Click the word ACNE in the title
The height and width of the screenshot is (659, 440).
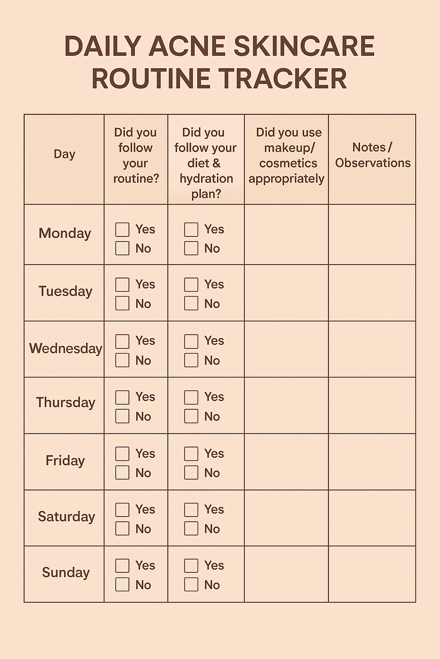click(x=188, y=46)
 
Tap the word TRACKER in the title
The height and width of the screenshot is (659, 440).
click(x=283, y=79)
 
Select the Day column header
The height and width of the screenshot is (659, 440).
click(x=64, y=154)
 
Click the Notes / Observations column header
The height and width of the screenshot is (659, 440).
click(x=373, y=155)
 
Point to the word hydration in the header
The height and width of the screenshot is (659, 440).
click(x=206, y=178)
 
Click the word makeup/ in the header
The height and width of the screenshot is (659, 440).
click(x=289, y=148)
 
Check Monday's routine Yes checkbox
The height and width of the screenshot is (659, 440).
click(x=122, y=230)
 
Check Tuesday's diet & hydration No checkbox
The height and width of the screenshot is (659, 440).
click(x=191, y=303)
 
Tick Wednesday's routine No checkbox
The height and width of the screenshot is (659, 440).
click(x=122, y=360)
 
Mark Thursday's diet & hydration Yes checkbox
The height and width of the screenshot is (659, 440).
click(x=191, y=397)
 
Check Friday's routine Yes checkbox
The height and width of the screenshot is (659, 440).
click(x=122, y=453)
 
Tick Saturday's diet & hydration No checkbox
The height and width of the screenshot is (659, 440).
click(x=191, y=529)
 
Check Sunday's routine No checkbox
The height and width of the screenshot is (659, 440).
click(x=122, y=584)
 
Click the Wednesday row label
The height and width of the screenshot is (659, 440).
click(x=65, y=348)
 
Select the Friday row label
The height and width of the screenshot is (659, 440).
click(x=65, y=461)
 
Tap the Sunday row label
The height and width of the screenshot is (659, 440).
click(x=66, y=573)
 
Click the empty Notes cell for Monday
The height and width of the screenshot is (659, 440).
click(x=372, y=235)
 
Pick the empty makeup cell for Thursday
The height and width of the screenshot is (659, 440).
click(x=287, y=405)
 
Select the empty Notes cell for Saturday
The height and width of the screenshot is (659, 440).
click(x=372, y=518)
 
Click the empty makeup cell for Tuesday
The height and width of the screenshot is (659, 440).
click(x=287, y=293)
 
